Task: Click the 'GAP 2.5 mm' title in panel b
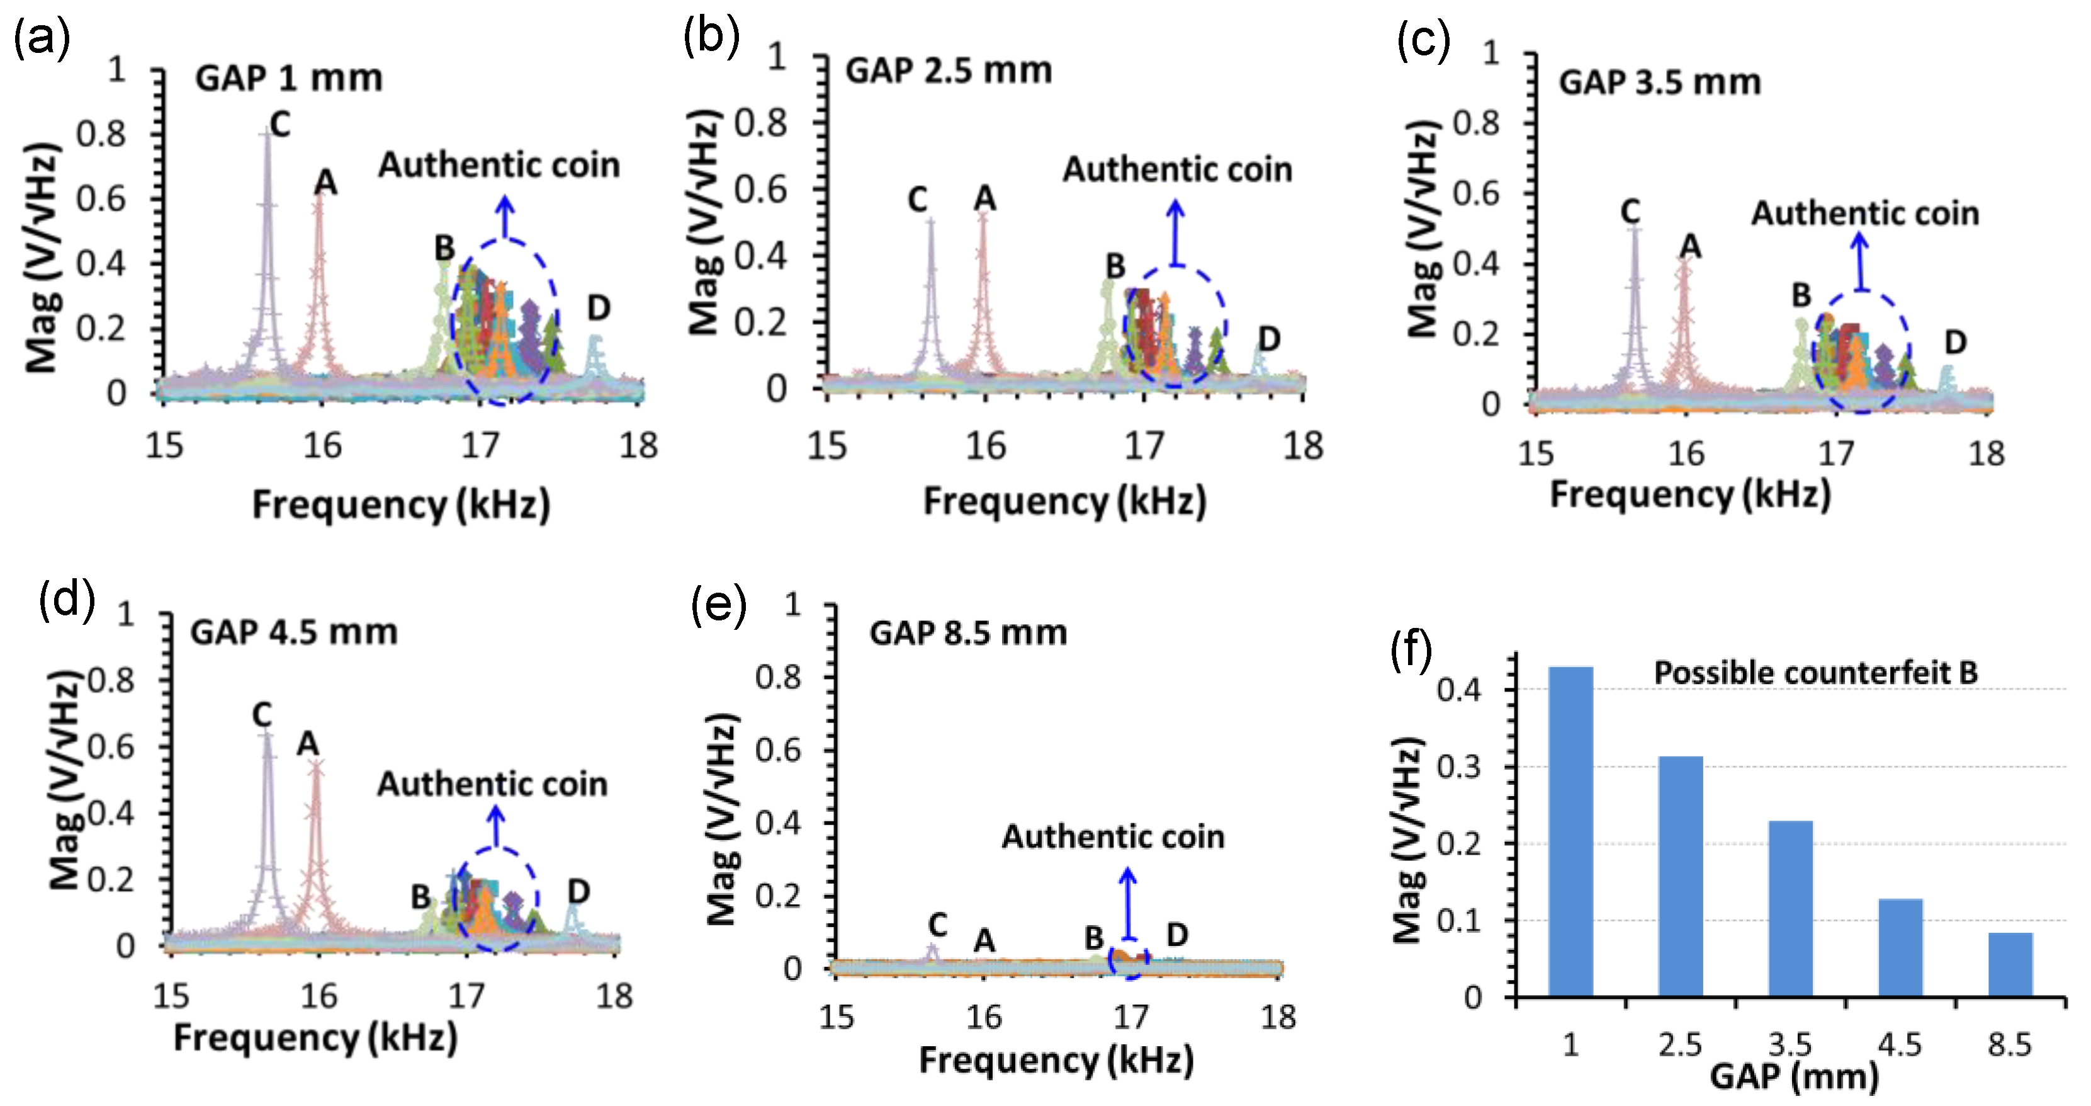pyautogui.click(x=948, y=71)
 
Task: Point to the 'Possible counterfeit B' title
pyautogui.click(x=1815, y=673)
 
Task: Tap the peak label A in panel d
pyautogui.click(x=308, y=744)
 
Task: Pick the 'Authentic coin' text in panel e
pyautogui.click(x=1112, y=837)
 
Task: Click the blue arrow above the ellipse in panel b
pyautogui.click(x=1175, y=231)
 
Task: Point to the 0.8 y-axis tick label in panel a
pyautogui.click(x=101, y=134)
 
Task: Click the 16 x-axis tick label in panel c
pyautogui.click(x=1685, y=453)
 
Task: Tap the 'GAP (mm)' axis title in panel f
pyautogui.click(x=1794, y=1077)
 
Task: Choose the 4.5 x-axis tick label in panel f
pyautogui.click(x=1900, y=1044)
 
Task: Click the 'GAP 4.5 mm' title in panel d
pyautogui.click(x=293, y=632)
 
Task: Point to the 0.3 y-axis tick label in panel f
pyautogui.click(x=1458, y=767)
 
